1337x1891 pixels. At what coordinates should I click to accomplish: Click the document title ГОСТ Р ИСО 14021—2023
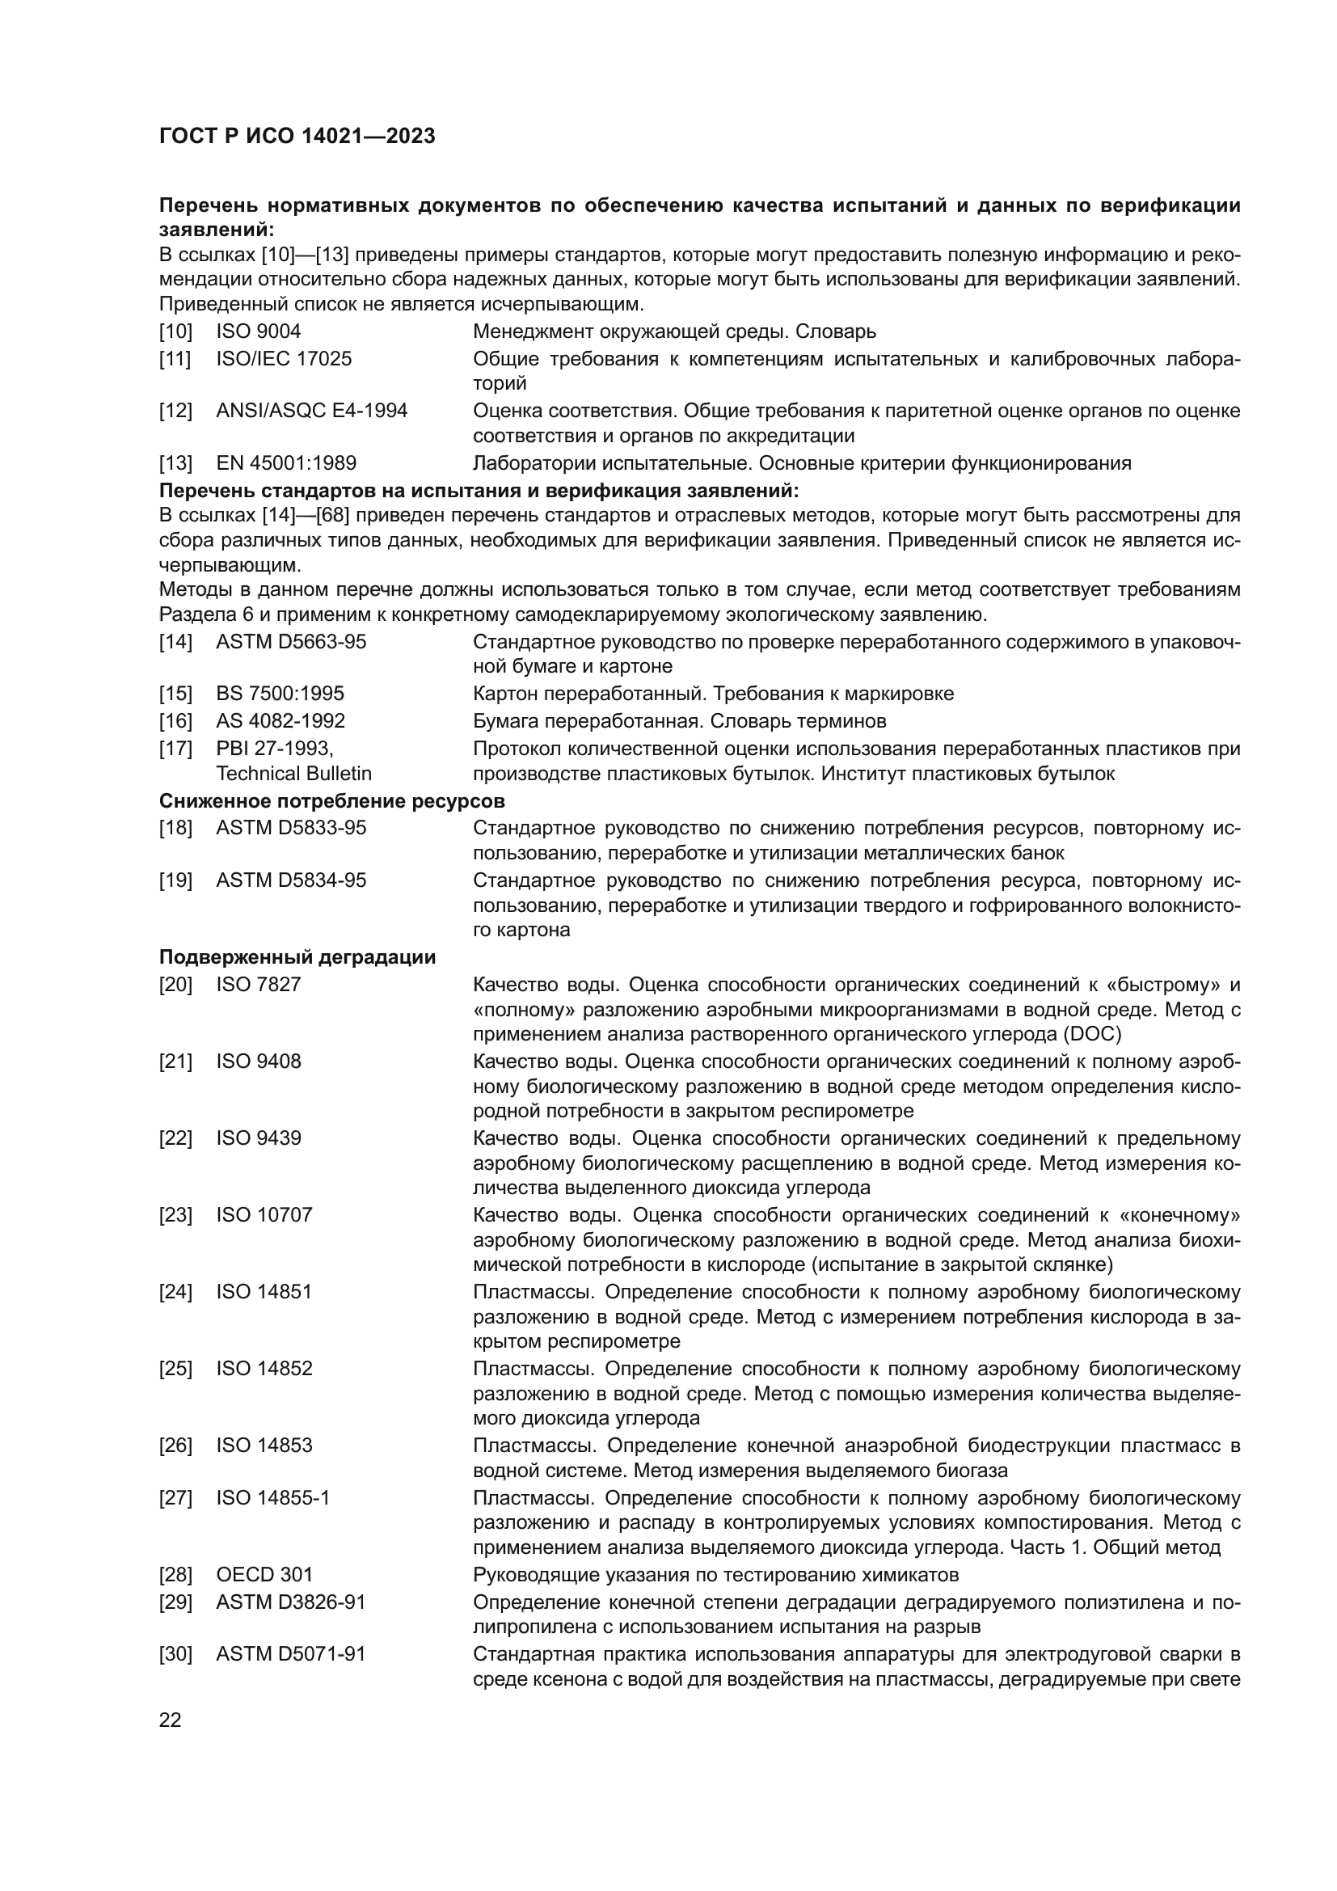click(297, 136)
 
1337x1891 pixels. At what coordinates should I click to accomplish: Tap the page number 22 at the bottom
click(171, 1720)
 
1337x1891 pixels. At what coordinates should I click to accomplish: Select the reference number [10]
click(175, 332)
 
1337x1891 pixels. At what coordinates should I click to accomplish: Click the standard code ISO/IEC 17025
click(283, 359)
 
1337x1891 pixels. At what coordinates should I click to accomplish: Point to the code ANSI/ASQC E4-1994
click(311, 411)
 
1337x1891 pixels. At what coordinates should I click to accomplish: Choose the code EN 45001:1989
click(285, 463)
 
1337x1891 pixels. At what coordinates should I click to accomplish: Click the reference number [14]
click(175, 642)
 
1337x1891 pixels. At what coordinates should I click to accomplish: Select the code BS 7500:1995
click(280, 694)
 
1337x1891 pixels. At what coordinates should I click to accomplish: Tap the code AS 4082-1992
click(280, 721)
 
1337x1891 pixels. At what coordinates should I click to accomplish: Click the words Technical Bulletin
click(293, 774)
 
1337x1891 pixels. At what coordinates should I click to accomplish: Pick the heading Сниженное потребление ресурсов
click(331, 801)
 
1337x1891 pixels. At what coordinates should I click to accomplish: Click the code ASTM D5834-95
click(291, 880)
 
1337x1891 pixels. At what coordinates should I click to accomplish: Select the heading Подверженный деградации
click(297, 958)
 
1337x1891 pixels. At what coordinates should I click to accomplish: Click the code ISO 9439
click(259, 1138)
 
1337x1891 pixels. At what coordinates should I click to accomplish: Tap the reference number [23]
click(175, 1215)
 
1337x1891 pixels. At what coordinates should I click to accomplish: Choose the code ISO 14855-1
click(272, 1498)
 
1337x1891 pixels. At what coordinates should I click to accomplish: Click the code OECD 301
click(264, 1575)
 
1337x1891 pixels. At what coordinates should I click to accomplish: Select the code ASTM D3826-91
click(291, 1602)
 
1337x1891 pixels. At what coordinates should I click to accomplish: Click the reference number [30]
click(175, 1655)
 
